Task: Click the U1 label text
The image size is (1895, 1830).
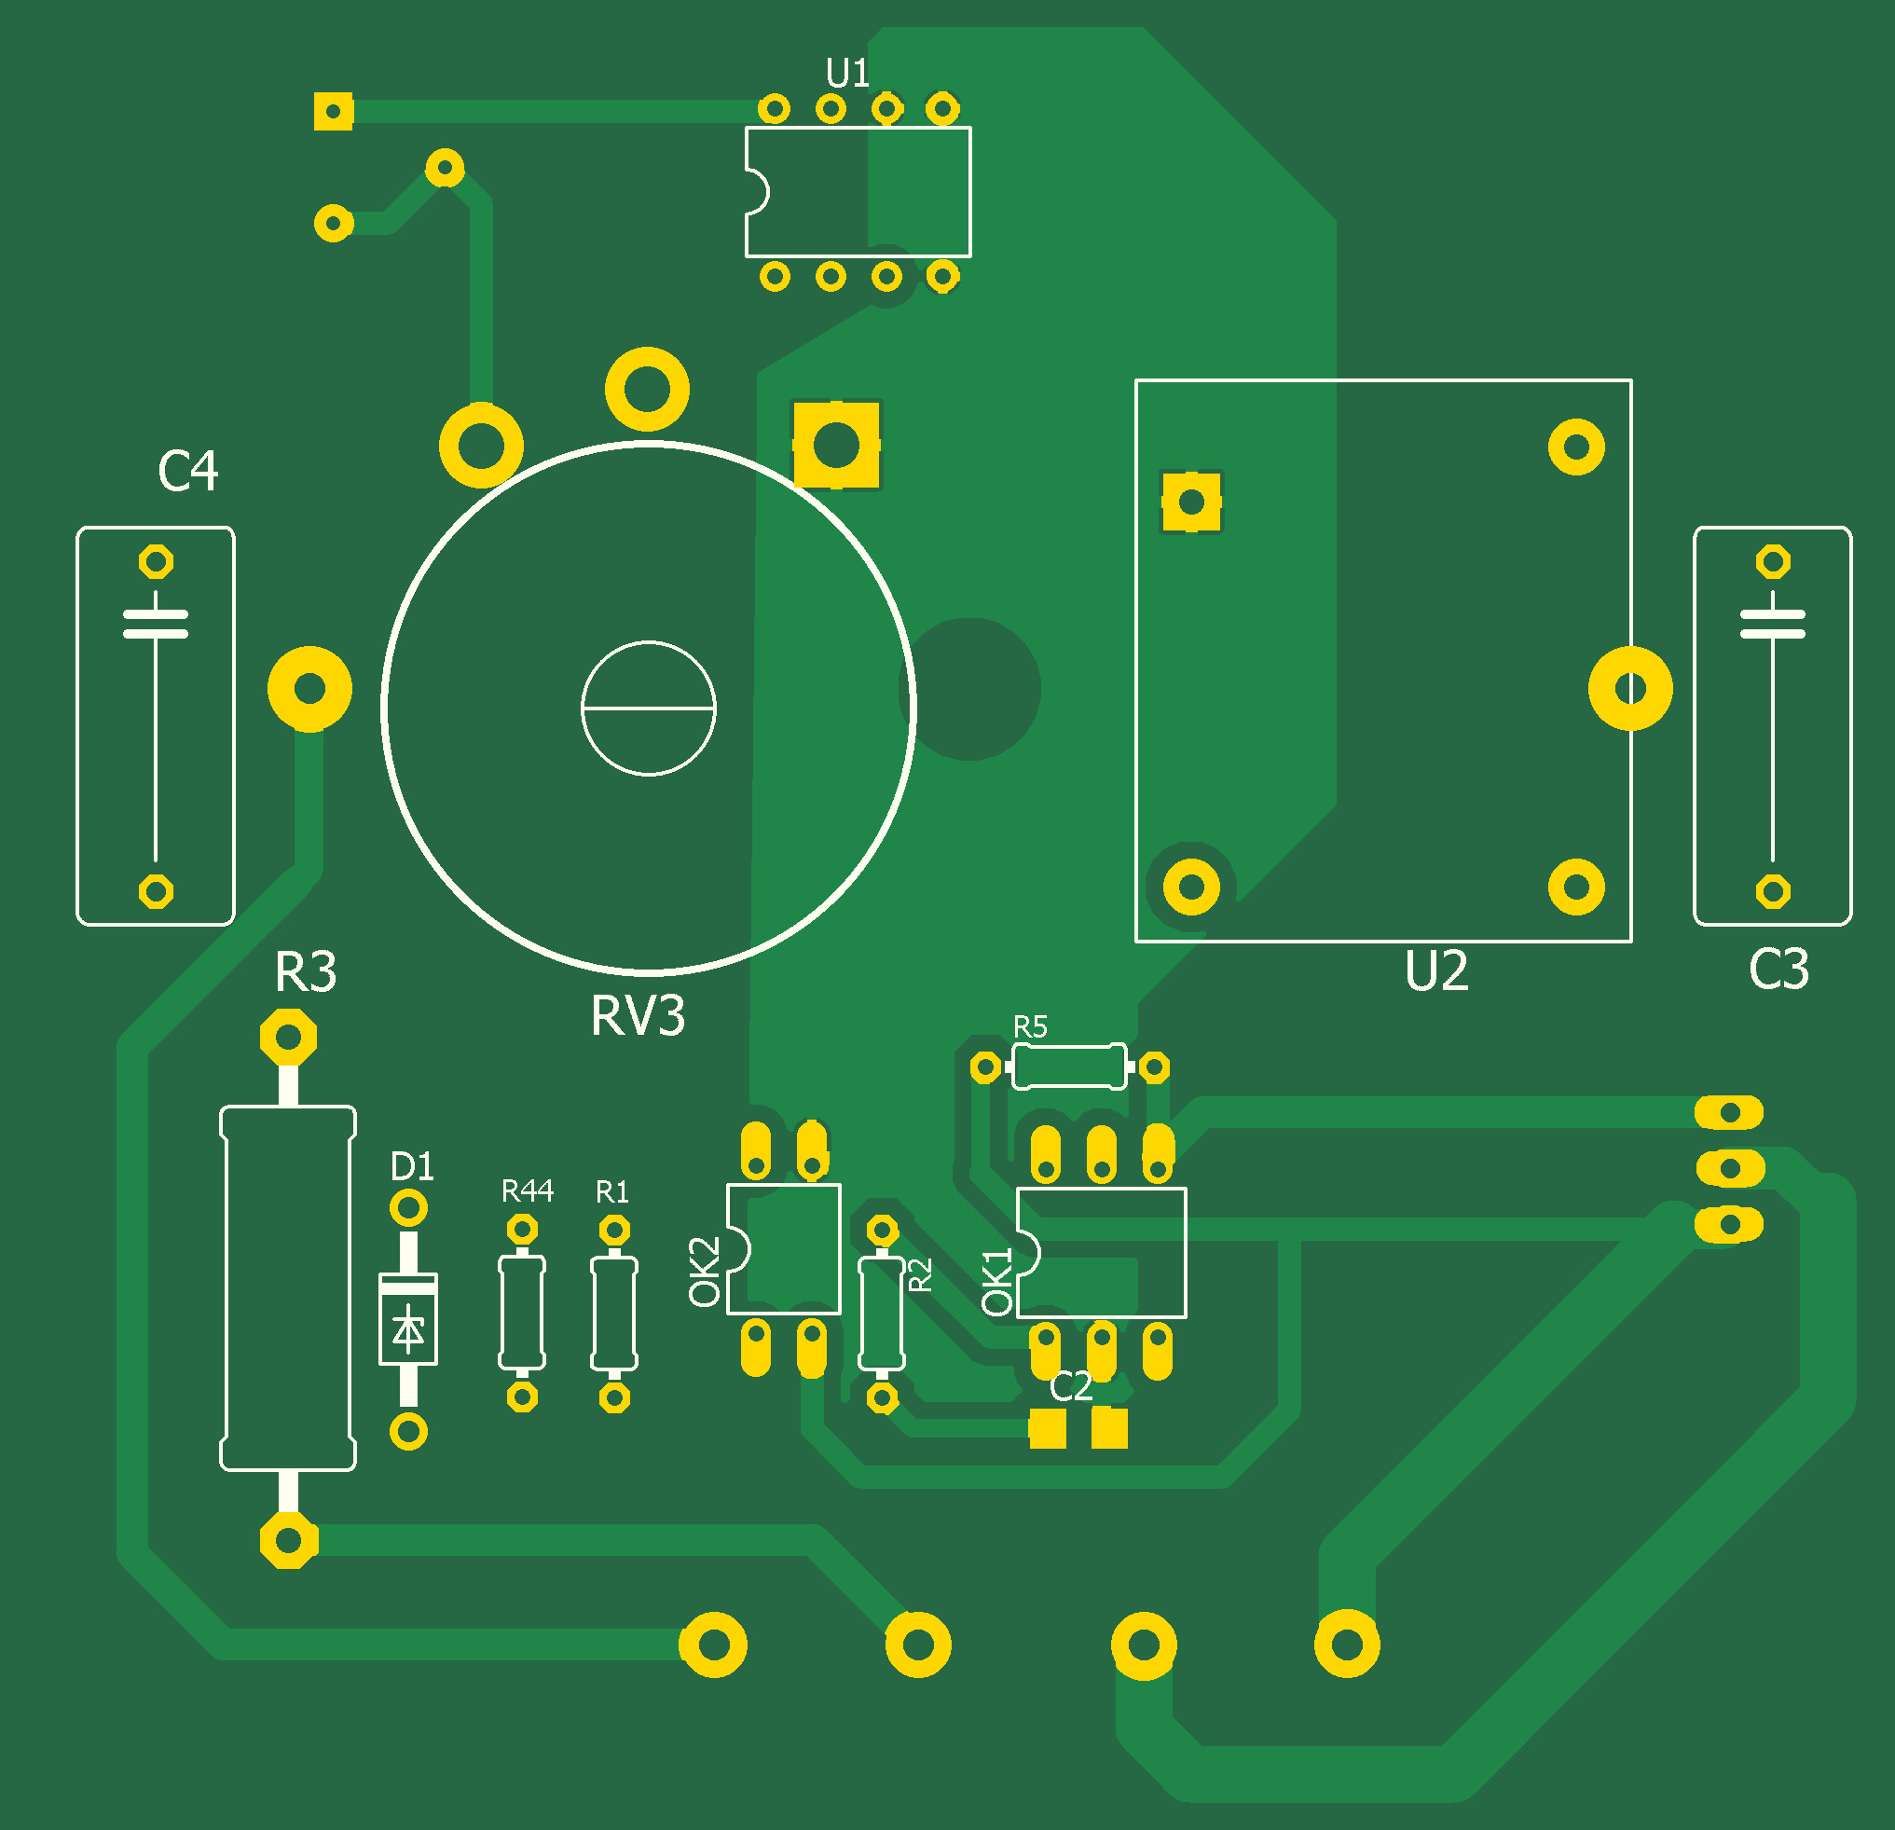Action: [847, 74]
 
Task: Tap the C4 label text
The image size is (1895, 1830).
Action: [187, 472]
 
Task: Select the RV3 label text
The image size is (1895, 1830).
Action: [639, 1016]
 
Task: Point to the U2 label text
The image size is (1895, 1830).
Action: [1436, 971]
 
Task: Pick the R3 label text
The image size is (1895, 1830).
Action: [306, 972]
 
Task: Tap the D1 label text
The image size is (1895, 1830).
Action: [412, 1168]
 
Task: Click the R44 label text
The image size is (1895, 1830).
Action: [527, 1191]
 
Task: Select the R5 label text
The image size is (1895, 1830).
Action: [1031, 1026]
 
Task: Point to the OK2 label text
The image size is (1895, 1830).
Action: [705, 1272]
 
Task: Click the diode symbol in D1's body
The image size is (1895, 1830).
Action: [408, 1329]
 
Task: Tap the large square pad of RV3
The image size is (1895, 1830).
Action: [836, 445]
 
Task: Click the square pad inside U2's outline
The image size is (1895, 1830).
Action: [1191, 502]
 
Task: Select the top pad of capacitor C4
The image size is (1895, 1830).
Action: [156, 561]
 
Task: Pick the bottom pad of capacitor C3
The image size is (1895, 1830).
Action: [1772, 891]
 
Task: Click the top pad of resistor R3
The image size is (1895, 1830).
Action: [288, 1038]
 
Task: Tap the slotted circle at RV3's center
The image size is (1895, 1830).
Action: [648, 709]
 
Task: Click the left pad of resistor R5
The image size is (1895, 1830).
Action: [985, 1067]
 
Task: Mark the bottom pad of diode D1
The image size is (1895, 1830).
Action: [408, 1431]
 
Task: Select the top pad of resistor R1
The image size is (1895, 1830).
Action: [614, 1231]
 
